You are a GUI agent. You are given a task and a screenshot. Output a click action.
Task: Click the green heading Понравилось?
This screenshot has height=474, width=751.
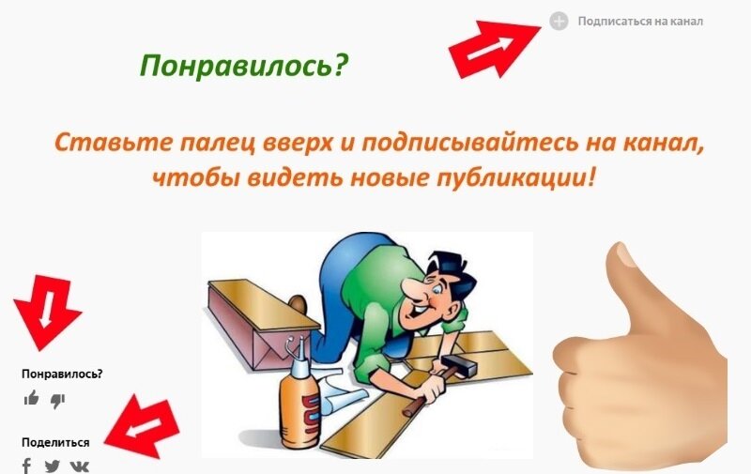[243, 65]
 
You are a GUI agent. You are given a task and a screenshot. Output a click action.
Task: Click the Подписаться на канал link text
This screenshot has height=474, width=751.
[640, 21]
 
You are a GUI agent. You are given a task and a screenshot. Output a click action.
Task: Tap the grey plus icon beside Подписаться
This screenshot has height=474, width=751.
[559, 21]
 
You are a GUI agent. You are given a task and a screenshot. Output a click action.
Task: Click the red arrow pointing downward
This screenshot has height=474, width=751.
[46, 310]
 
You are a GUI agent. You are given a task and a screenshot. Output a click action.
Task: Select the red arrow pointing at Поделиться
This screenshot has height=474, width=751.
[142, 425]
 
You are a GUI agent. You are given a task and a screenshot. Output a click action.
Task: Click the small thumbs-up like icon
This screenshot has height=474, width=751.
[32, 399]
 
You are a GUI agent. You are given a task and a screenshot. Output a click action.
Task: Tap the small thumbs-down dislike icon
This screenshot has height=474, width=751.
[57, 400]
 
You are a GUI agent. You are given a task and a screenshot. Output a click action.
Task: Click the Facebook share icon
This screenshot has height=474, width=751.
[27, 466]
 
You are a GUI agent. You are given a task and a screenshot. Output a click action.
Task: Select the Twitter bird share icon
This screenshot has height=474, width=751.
[52, 466]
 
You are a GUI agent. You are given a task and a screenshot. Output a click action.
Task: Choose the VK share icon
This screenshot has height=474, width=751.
[80, 466]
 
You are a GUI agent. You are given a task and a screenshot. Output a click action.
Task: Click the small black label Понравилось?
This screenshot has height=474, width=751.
[62, 374]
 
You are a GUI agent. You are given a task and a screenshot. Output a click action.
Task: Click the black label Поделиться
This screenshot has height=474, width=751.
[55, 442]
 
